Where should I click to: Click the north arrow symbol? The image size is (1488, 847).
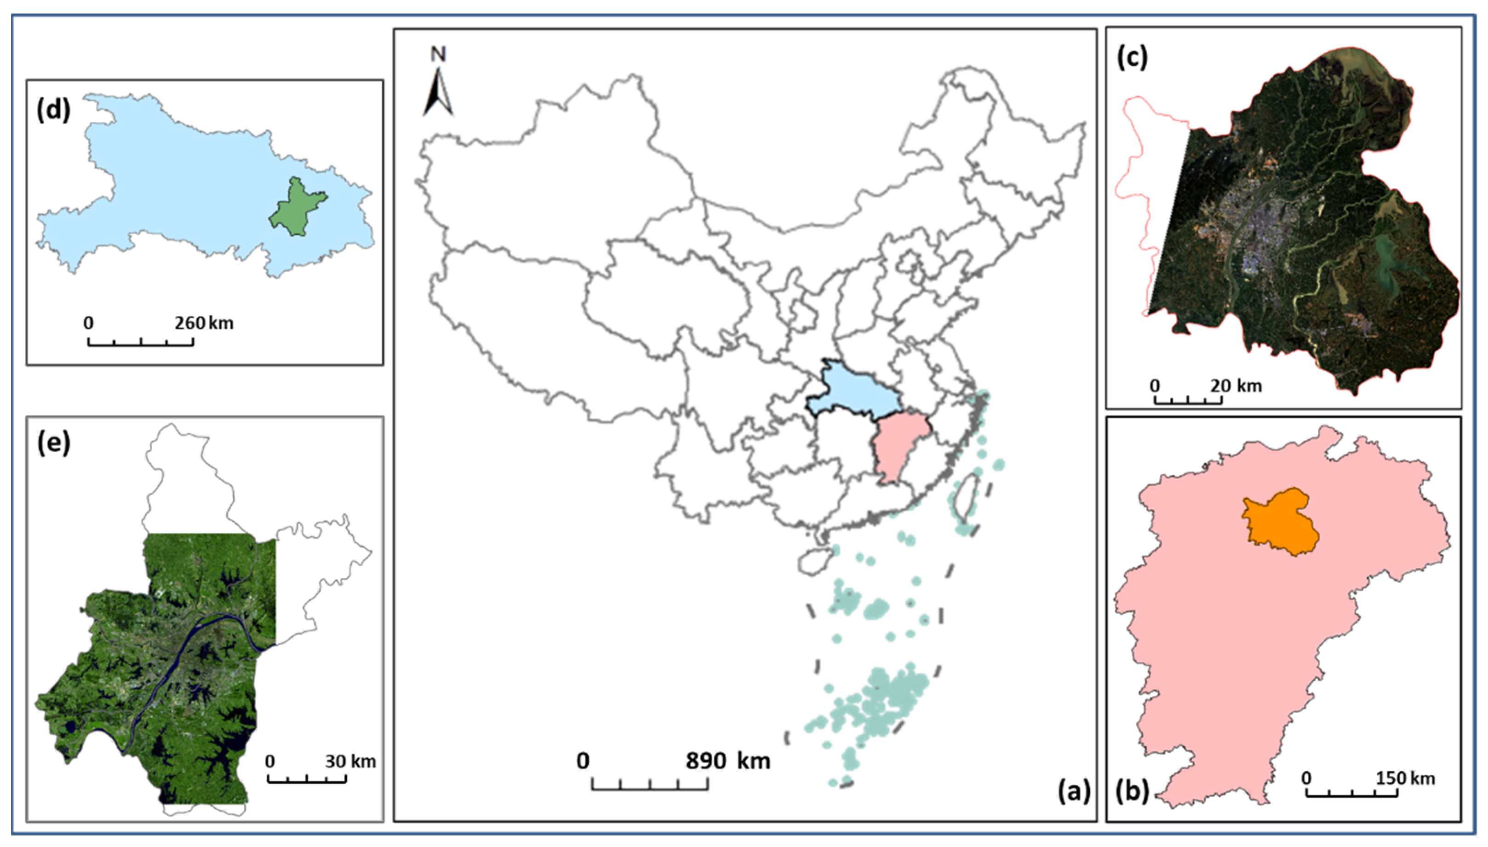coord(438,93)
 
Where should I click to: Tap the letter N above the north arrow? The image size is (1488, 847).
coord(438,55)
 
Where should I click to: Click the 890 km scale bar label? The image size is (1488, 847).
coord(727,761)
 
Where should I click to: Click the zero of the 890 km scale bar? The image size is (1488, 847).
coord(583,761)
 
